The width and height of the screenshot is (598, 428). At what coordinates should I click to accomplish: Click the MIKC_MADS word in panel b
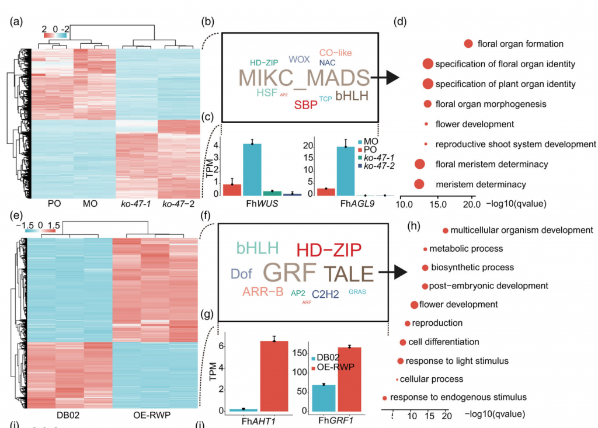coord(304,78)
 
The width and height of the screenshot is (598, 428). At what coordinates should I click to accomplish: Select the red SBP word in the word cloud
coord(306,105)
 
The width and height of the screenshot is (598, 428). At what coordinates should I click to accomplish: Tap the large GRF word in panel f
coord(290,272)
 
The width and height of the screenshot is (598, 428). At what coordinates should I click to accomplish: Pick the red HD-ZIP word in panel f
coord(329,250)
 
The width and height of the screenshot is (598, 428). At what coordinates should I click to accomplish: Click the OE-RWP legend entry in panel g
coord(336,367)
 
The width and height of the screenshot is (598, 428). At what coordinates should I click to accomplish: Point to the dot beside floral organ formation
coord(468,44)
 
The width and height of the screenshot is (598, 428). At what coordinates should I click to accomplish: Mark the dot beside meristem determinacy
coord(419,185)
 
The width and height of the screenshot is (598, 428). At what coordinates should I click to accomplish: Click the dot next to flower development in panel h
coord(414,305)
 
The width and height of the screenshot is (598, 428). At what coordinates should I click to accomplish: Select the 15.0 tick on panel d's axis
coord(438,204)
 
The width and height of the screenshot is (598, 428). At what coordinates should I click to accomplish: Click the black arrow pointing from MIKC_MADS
coord(386,78)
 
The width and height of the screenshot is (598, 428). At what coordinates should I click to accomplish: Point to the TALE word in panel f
coord(348,274)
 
